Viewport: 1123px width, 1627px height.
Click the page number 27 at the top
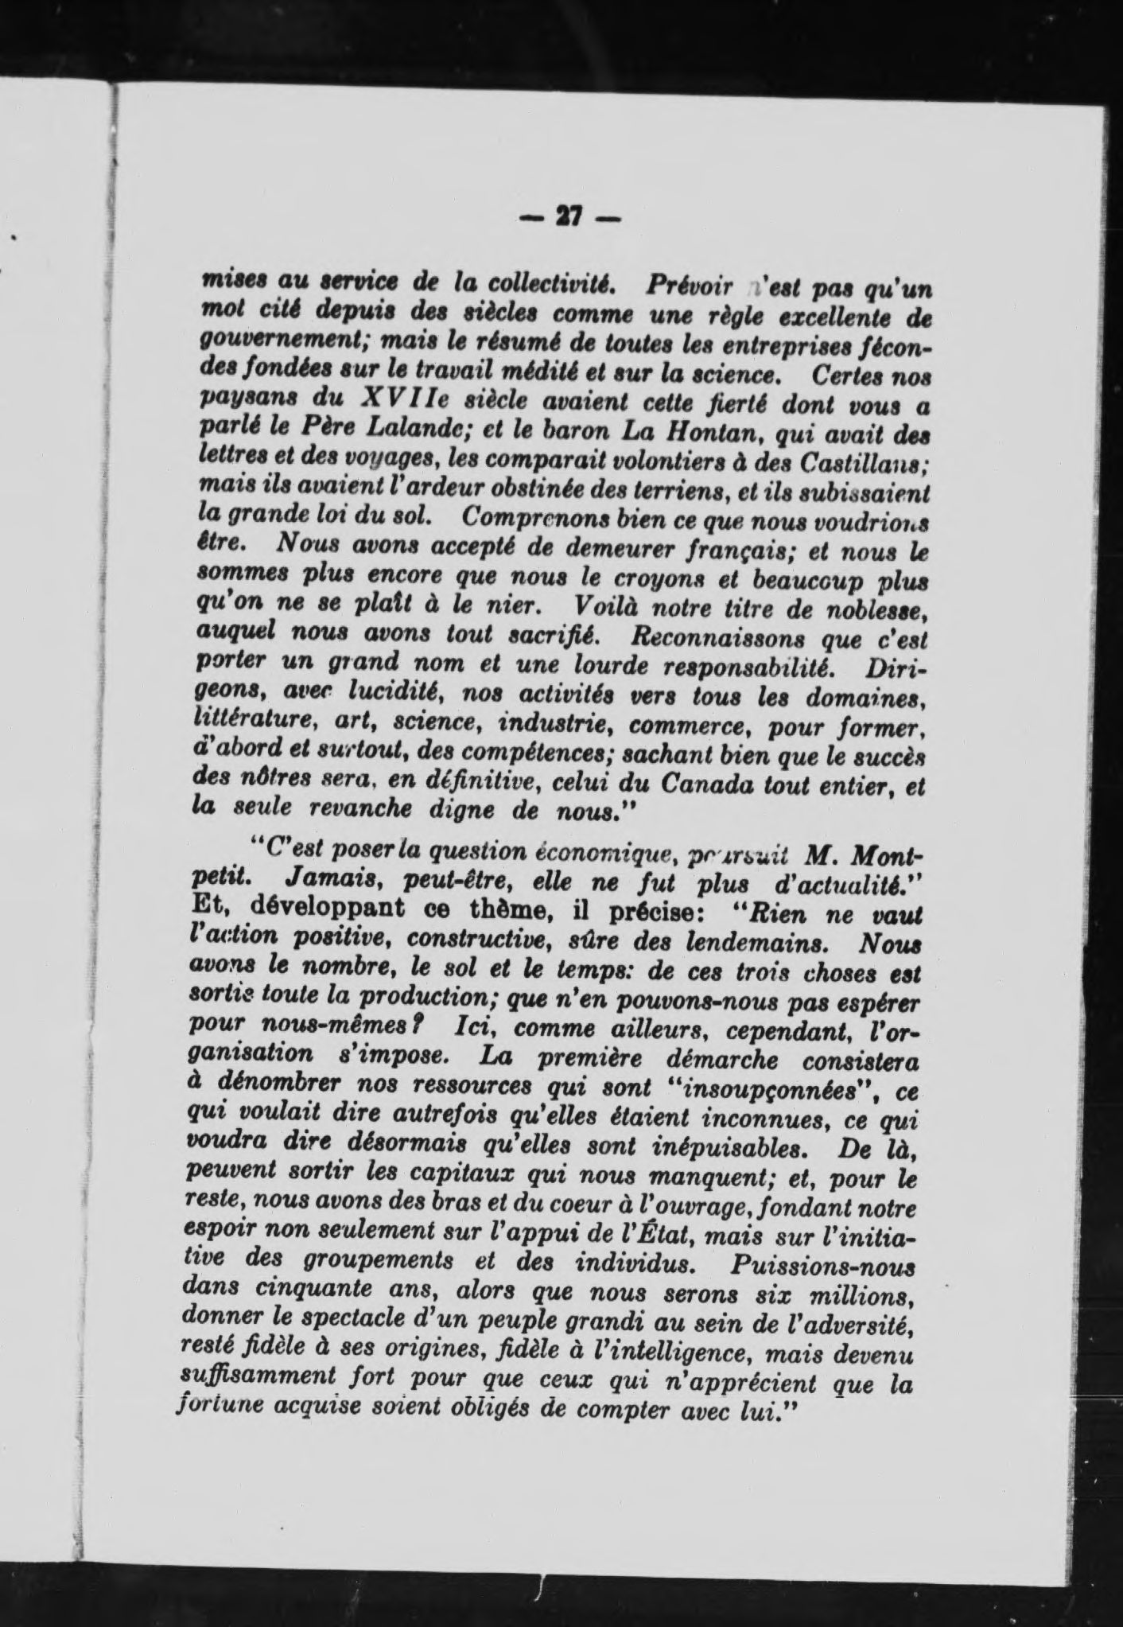pyautogui.click(x=567, y=217)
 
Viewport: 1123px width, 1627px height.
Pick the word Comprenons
pyautogui.click(x=525, y=517)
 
